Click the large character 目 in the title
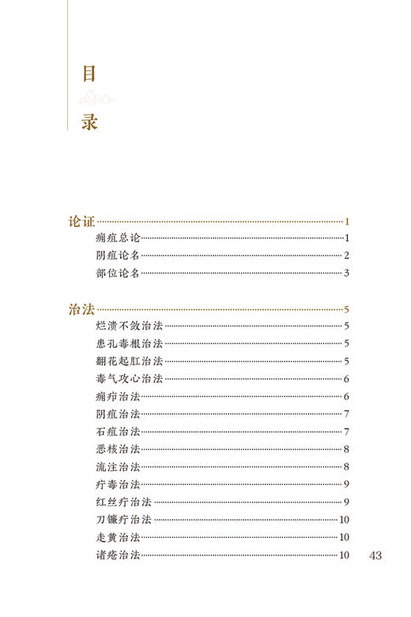click(x=89, y=74)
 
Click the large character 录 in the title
click(x=89, y=122)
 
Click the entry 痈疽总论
click(x=117, y=239)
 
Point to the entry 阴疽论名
click(x=117, y=256)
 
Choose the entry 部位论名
click(x=117, y=274)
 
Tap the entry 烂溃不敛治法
click(x=129, y=326)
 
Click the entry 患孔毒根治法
click(x=129, y=343)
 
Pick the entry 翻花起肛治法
click(x=129, y=361)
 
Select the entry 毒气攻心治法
click(x=129, y=379)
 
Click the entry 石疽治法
click(x=117, y=431)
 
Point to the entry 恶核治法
click(x=117, y=449)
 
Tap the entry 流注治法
click(x=117, y=467)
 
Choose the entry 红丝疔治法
click(x=123, y=502)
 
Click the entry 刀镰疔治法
click(x=123, y=520)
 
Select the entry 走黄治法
click(x=117, y=537)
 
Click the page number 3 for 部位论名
click(x=346, y=274)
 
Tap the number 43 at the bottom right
click(x=375, y=555)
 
